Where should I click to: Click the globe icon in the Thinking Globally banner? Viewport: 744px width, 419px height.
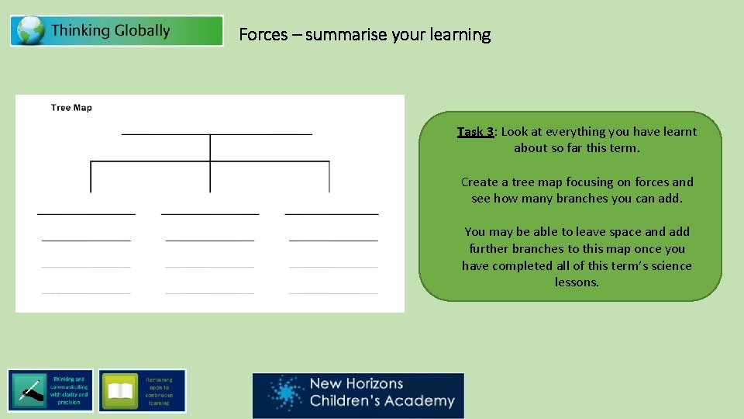click(29, 31)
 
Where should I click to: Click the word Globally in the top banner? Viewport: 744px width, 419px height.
click(142, 31)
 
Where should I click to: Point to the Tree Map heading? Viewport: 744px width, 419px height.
click(71, 108)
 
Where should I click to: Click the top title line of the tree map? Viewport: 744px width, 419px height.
click(217, 134)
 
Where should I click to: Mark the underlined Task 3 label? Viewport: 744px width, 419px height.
click(475, 132)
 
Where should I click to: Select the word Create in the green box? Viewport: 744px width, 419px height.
click(478, 182)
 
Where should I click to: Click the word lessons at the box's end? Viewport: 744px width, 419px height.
click(577, 282)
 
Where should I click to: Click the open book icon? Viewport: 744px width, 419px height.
click(120, 391)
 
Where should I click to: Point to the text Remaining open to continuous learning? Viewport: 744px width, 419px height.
click(159, 391)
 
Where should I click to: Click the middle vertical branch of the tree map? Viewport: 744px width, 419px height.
click(210, 163)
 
